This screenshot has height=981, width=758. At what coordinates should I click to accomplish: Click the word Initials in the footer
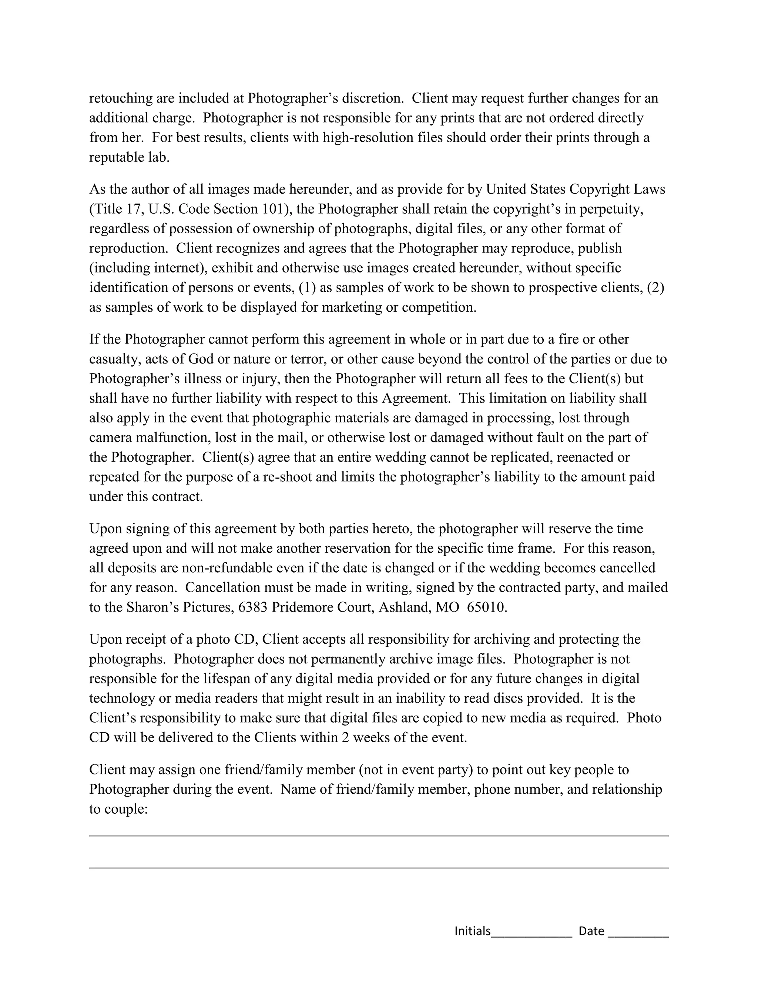point(472,931)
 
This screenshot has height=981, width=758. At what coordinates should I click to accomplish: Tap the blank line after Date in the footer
point(638,935)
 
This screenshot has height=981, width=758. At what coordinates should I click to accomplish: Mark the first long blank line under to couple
point(379,836)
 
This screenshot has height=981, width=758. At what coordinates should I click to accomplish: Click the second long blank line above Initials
point(379,868)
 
